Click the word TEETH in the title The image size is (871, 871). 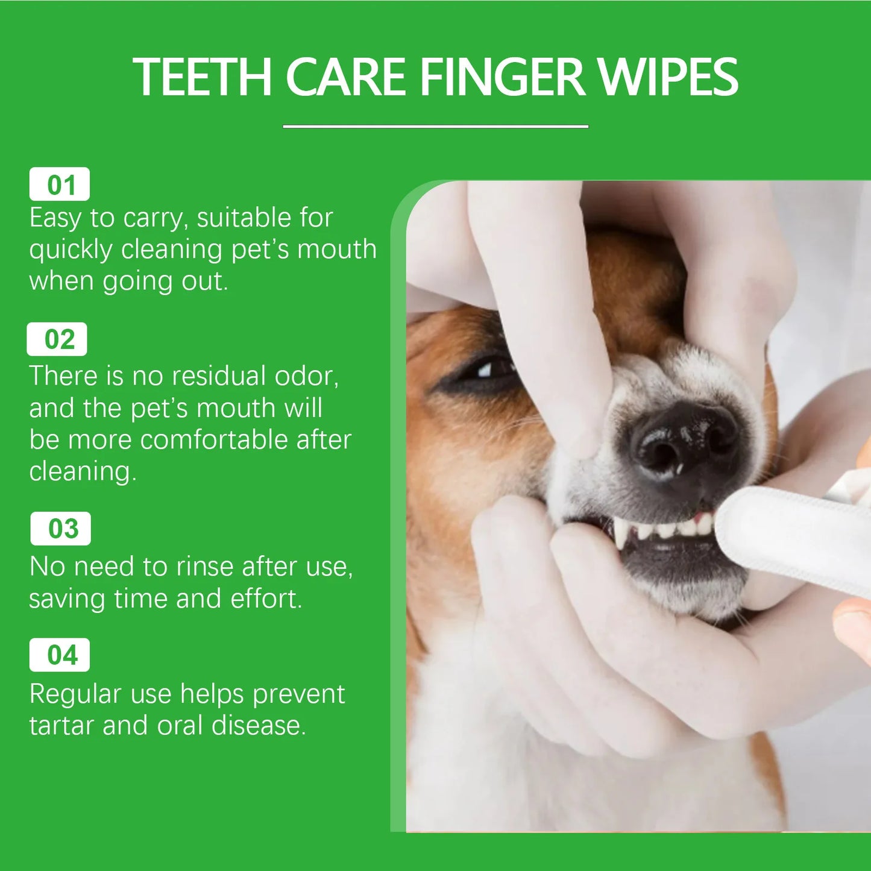(x=202, y=77)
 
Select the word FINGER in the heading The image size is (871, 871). (x=502, y=77)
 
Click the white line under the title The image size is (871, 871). (x=435, y=127)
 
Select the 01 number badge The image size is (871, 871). (x=60, y=184)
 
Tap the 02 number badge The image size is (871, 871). (x=57, y=339)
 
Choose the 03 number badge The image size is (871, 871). (x=61, y=529)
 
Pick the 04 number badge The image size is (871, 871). (x=60, y=655)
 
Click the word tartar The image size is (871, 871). (x=62, y=725)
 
